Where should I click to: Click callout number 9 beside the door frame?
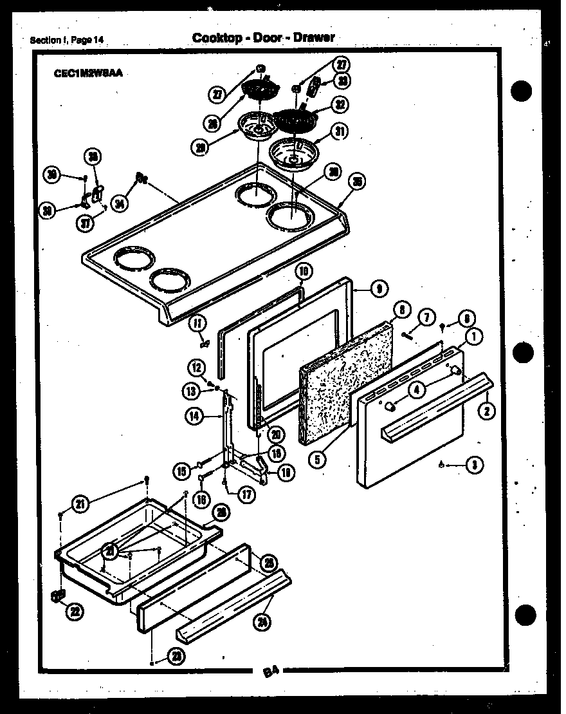[379, 290]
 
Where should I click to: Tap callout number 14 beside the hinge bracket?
[195, 417]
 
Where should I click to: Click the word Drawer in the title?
[314, 37]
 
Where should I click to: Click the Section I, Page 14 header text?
[67, 41]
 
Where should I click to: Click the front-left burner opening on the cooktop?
[134, 261]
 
